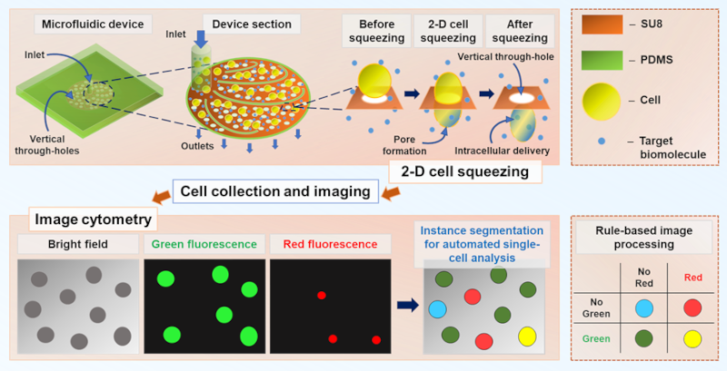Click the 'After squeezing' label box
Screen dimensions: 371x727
522,31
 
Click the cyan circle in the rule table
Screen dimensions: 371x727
642,308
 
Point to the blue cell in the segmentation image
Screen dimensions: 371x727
438,308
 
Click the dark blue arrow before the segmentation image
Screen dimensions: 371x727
407,305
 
